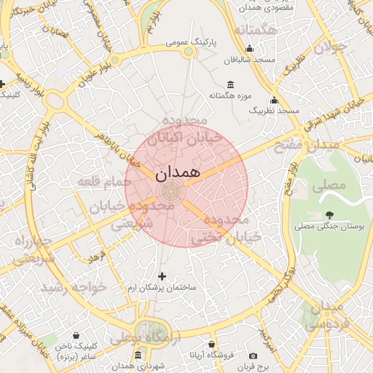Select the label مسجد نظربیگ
coord(275,110)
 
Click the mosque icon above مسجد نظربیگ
coord(274,100)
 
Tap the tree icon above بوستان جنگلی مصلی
coord(330,215)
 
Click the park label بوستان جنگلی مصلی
coord(329,227)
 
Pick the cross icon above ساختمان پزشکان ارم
coord(162,276)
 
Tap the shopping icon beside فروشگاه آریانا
coord(211,344)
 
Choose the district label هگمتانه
coord(254,30)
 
